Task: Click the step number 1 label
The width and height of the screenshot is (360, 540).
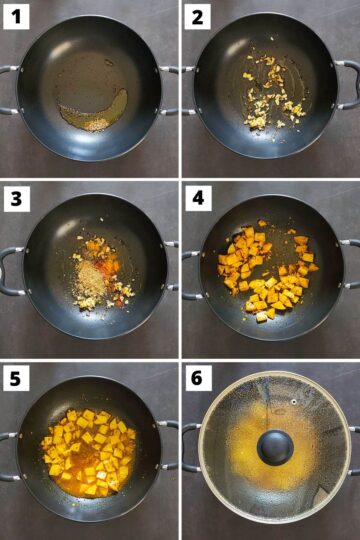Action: pos(16,16)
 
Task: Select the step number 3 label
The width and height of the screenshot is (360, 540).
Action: pos(16,197)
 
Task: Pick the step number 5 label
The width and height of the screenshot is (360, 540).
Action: pos(16,378)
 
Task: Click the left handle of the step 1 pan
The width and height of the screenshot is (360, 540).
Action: pos(8,88)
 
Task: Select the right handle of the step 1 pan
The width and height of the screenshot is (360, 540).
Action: pos(170,89)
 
